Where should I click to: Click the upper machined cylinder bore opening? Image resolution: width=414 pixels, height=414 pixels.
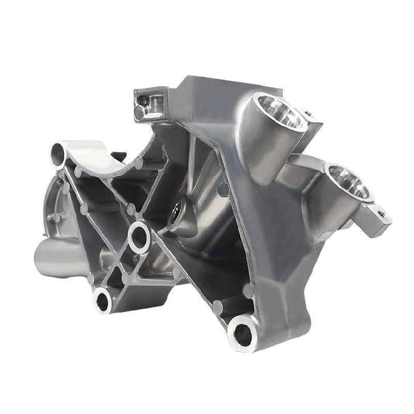click(279, 111)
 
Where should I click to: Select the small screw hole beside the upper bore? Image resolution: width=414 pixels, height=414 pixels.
click(308, 113)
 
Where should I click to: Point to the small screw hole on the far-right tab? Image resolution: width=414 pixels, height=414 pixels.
click(382, 213)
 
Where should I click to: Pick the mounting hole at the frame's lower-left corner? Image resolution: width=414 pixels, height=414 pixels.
click(102, 301)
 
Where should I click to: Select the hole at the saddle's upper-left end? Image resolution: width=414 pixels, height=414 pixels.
click(58, 153)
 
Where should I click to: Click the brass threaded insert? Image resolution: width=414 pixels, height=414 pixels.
click(175, 211)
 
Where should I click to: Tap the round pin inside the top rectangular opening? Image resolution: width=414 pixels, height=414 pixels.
click(140, 112)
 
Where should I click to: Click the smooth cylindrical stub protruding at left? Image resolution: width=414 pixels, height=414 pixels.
click(54, 259)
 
